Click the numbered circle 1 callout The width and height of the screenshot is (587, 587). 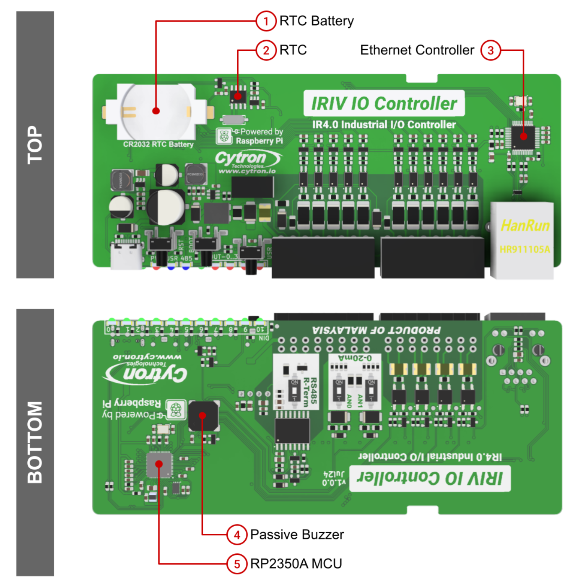click(x=266, y=21)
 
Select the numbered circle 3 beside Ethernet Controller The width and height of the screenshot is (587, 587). click(x=491, y=50)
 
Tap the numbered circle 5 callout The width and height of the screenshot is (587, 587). click(x=237, y=564)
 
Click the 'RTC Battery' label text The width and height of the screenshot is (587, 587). click(x=317, y=21)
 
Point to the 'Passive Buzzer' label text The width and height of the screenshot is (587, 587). click(x=297, y=535)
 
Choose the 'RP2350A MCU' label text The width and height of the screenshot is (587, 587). click(x=296, y=564)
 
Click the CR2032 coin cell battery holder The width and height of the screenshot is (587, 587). click(x=156, y=112)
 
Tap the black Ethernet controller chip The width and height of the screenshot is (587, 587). click(x=523, y=137)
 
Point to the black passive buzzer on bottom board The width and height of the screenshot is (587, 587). click(x=203, y=416)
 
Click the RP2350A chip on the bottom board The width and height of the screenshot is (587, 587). click(x=159, y=464)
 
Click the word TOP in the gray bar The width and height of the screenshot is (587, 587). click(x=35, y=145)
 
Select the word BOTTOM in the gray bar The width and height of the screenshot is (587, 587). click(x=35, y=442)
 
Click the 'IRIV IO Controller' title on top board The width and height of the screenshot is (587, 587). click(x=384, y=104)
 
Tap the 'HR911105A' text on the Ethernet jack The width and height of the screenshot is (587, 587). click(x=525, y=249)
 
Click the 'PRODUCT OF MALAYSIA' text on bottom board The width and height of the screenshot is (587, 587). click(x=376, y=330)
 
